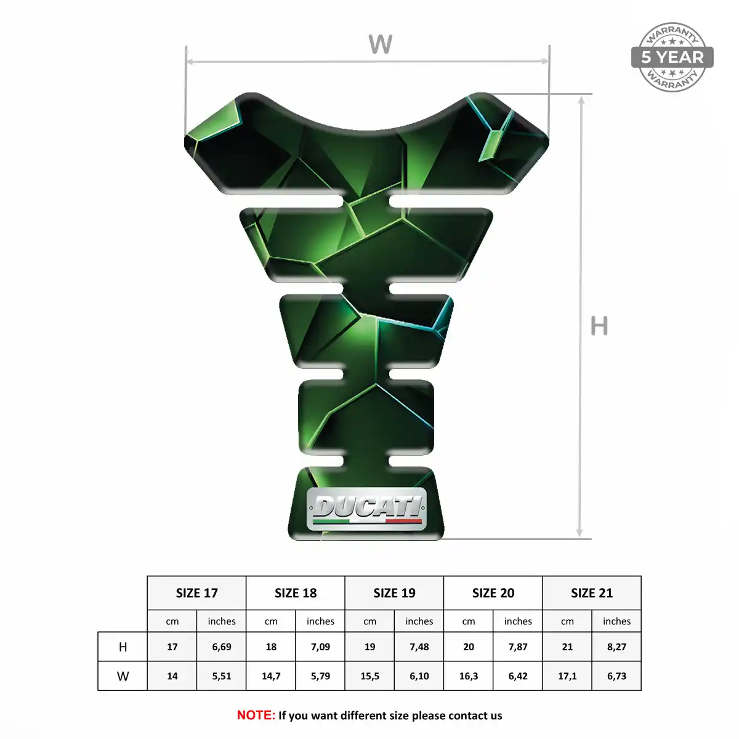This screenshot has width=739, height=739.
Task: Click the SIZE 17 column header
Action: tap(196, 593)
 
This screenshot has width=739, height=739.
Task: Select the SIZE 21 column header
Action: tap(592, 593)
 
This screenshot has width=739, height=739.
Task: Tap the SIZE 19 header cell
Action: tap(394, 593)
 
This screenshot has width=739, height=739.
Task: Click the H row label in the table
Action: tap(123, 647)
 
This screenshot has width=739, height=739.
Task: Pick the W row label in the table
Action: tap(123, 676)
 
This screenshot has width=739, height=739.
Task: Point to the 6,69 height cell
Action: tap(222, 647)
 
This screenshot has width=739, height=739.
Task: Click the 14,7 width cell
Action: tap(271, 676)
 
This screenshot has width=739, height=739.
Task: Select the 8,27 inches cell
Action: tap(616, 647)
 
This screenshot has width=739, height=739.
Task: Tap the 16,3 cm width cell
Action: tap(469, 676)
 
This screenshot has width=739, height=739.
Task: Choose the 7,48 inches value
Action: tap(419, 647)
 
